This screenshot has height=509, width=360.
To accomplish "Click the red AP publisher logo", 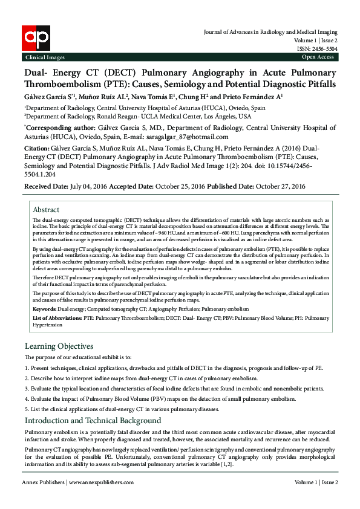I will tap(36, 39).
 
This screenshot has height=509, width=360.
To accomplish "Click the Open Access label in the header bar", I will tap(318, 57).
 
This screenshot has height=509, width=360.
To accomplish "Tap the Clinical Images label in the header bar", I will tap(44, 57).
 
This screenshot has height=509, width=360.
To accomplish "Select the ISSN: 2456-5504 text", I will tap(317, 49).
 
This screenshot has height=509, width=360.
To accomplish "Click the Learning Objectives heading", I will tap(59, 346).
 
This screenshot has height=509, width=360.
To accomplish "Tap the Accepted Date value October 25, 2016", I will tap(180, 186).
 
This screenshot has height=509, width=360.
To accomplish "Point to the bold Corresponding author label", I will tap(61, 128).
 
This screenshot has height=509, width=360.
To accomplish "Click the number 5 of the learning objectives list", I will tap(27, 409).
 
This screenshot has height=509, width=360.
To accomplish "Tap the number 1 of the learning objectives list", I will tap(27, 367).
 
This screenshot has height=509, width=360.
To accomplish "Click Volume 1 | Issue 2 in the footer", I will tap(316, 482).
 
